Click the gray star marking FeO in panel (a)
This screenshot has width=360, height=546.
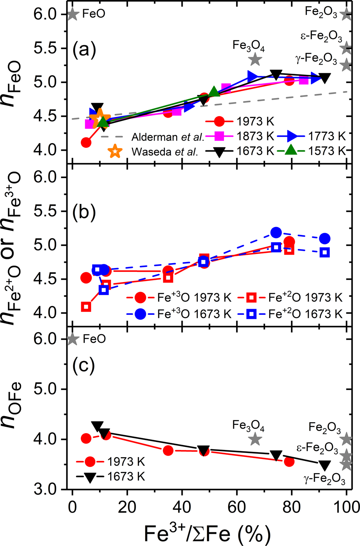click(73, 14)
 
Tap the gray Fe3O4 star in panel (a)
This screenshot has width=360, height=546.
click(255, 59)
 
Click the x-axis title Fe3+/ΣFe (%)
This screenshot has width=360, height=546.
click(207, 533)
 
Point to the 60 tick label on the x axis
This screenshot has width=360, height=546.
click(237, 507)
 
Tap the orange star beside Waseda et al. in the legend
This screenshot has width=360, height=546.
click(115, 151)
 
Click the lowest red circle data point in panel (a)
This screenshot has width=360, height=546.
click(86, 143)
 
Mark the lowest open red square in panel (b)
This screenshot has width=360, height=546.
click(86, 307)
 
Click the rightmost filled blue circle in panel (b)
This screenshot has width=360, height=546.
click(325, 238)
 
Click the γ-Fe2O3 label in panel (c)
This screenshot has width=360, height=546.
click(325, 480)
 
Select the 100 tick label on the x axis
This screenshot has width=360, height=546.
click(346, 507)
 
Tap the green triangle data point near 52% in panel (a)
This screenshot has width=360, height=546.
click(214, 92)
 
